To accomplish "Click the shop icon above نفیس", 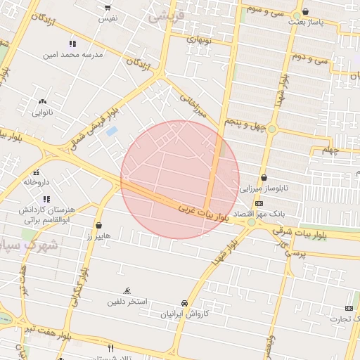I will pyautogui.click(x=108, y=8).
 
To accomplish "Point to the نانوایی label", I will pyautogui.click(x=42, y=111).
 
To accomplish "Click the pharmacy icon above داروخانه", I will pyautogui.click(x=36, y=172).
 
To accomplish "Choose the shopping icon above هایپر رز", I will pyautogui.click(x=99, y=226).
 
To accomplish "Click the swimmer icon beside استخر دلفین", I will pyautogui.click(x=127, y=290).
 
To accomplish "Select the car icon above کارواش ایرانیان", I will pyautogui.click(x=184, y=303).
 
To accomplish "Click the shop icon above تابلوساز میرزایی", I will pyautogui.click(x=264, y=178).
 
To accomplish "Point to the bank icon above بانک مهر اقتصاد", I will pyautogui.click(x=259, y=202).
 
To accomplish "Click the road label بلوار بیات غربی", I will pyautogui.click(x=204, y=213).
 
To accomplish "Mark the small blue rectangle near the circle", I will pyautogui.click(x=111, y=131).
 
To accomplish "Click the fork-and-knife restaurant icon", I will pyautogui.click(x=110, y=348).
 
